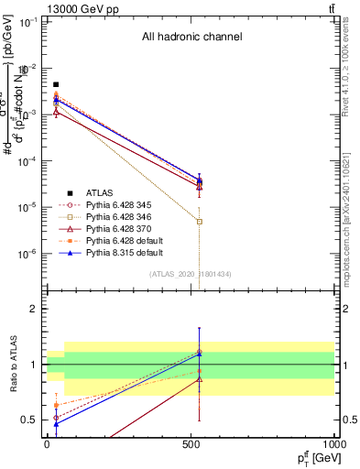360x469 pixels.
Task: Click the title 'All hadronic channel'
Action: coord(191,38)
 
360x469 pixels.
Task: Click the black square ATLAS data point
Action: coord(56,84)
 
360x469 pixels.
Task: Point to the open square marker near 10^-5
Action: coord(200,222)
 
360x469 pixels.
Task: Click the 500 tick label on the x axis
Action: coord(191,444)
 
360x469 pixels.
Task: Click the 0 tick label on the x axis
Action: coord(47,444)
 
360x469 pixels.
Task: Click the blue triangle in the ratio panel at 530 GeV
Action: coord(200,354)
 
